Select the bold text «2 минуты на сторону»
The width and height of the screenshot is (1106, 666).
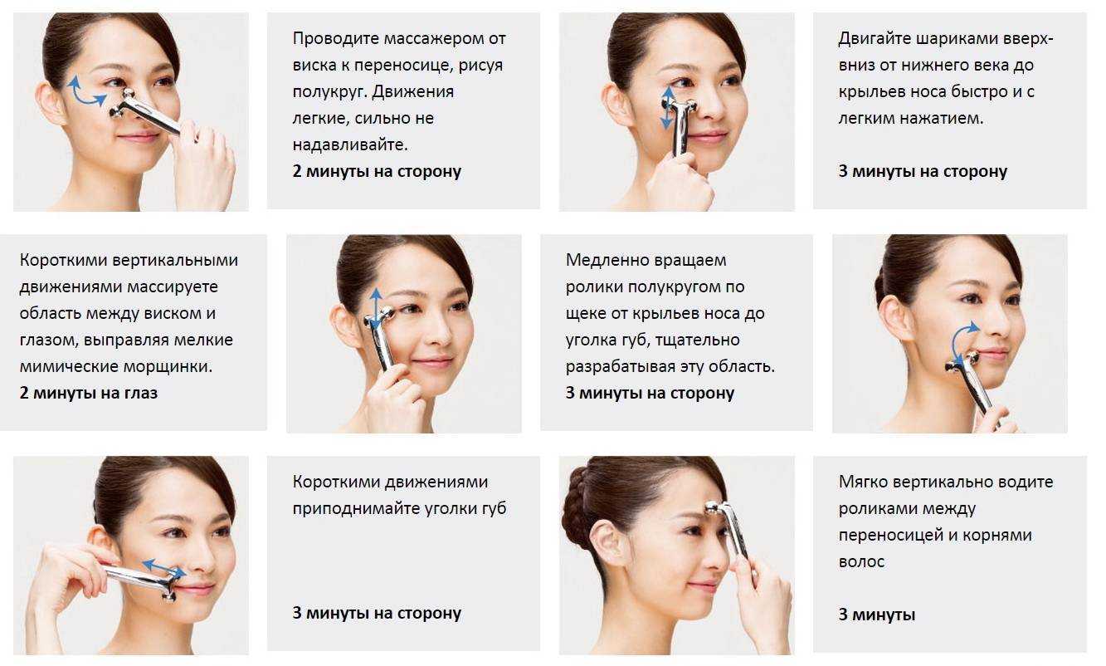[x=377, y=171]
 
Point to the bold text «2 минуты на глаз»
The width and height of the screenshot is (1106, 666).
[x=89, y=394]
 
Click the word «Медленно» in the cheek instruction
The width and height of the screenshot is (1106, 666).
[x=605, y=260]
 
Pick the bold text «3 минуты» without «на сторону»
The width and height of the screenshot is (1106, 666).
[x=877, y=615]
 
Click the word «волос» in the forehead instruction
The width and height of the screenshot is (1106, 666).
[x=861, y=562]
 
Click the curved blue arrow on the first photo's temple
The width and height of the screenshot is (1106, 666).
[x=85, y=97]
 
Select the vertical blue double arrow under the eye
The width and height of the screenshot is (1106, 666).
[x=668, y=108]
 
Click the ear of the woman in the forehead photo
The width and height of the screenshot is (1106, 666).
[x=616, y=548]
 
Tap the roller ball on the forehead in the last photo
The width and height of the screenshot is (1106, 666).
[x=714, y=509]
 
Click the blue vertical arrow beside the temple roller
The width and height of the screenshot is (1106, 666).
[x=376, y=309]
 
